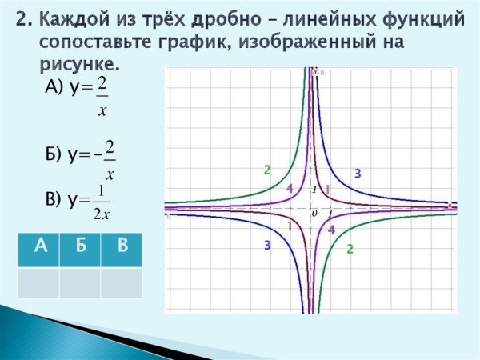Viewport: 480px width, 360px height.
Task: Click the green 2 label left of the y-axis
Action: click(267, 170)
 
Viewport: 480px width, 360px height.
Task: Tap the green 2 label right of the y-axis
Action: click(350, 250)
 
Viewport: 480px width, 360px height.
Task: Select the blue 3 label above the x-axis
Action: click(358, 174)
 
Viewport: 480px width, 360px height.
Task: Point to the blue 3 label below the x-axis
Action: click(267, 246)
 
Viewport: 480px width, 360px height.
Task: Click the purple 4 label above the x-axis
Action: click(290, 187)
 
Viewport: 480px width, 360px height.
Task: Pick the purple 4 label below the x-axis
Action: click(331, 230)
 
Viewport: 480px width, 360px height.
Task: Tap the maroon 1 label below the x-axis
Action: click(289, 227)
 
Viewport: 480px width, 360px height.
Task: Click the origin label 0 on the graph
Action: click(314, 214)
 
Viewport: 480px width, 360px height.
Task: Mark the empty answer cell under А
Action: click(38, 282)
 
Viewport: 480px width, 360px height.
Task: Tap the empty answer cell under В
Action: click(122, 282)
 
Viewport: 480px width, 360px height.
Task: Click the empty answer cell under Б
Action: click(80, 282)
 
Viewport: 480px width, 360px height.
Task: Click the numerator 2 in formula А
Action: click(102, 82)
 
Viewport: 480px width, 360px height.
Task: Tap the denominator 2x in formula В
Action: click(101, 214)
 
